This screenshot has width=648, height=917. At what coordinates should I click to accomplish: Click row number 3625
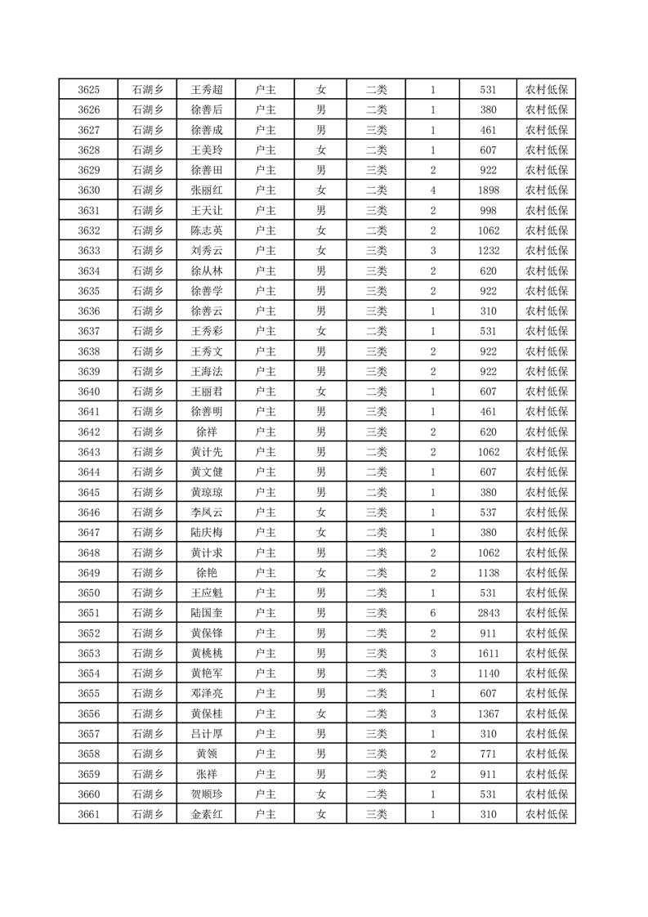coord(88,90)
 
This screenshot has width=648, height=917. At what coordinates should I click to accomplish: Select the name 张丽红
coord(206,190)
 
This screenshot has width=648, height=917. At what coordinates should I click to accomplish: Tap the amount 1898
coord(489,190)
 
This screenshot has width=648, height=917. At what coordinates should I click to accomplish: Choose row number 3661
coord(88,814)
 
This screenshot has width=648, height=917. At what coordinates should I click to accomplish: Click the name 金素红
coord(206,814)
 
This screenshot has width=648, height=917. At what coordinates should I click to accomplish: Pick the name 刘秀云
coord(206,251)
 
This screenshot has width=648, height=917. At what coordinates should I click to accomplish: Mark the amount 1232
coord(489,251)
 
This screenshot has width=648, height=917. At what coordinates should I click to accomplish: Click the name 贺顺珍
coord(206,794)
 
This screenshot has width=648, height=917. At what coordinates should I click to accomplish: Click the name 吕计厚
coord(206,733)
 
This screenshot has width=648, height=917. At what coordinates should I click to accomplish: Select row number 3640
coord(88,391)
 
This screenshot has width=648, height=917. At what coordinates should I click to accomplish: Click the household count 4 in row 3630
coord(432,190)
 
